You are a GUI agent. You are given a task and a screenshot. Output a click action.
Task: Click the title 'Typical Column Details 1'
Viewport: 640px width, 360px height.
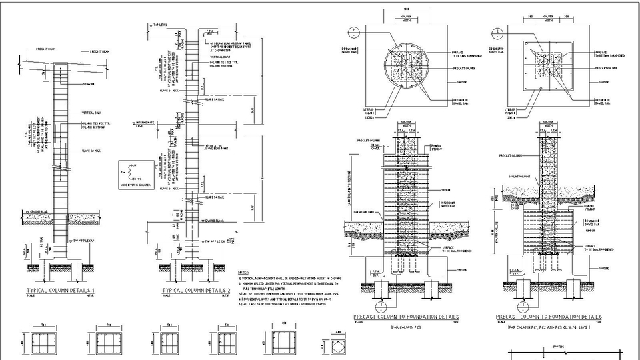60,291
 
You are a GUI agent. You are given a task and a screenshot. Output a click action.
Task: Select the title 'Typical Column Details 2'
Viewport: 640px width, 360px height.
196,291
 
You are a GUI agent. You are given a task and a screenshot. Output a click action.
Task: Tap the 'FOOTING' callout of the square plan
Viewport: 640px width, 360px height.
603,82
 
